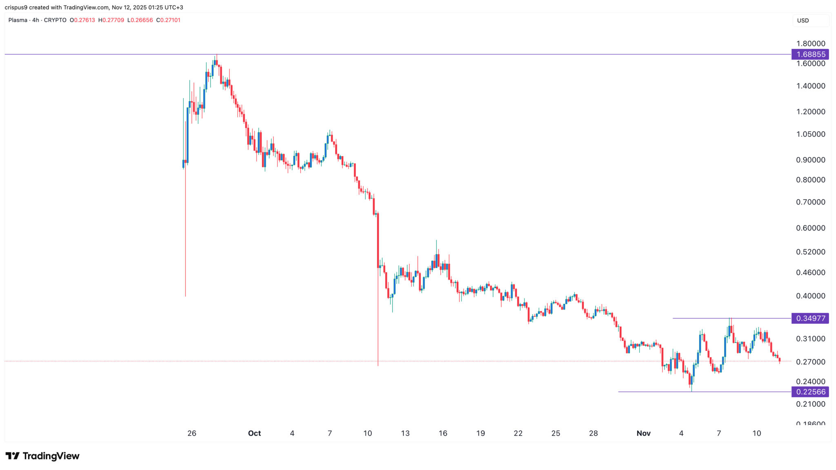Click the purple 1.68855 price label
point(810,54)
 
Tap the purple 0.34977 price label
point(810,318)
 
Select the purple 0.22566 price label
point(810,392)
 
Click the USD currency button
point(803,20)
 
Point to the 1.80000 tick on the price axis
point(810,43)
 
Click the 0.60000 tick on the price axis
point(810,228)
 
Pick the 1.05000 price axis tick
point(810,134)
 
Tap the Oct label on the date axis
point(254,433)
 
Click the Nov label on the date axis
point(643,433)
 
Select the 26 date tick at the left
point(192,433)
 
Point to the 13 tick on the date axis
point(405,433)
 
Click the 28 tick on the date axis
point(593,433)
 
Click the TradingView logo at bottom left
point(42,456)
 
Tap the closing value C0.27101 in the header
point(168,20)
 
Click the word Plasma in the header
point(18,20)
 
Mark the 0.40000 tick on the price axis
point(810,296)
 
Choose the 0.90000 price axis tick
point(810,160)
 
